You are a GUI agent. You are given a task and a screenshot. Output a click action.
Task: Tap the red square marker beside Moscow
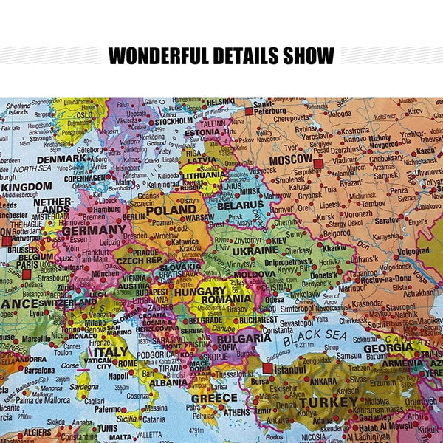318,163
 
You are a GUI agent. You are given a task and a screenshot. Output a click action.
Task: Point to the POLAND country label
171,210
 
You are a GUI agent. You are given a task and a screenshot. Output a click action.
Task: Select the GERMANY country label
93,230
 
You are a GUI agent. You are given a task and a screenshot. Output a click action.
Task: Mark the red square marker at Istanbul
267,367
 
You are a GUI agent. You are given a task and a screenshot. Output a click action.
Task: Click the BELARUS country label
239,205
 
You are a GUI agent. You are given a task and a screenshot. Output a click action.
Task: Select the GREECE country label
214,399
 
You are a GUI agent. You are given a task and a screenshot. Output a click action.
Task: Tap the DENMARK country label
61,158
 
